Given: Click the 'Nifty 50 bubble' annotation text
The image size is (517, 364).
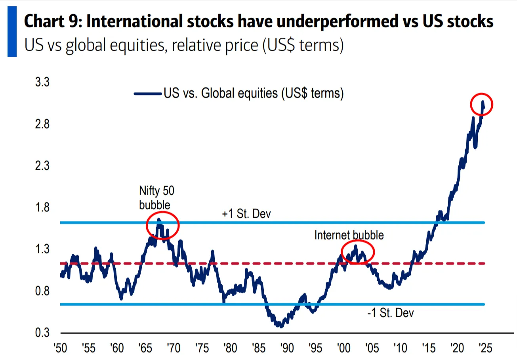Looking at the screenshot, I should (156, 198).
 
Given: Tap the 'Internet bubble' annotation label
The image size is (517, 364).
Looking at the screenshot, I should (349, 235).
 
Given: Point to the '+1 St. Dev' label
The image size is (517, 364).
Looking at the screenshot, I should (246, 215).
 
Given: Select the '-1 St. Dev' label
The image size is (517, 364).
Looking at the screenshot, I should (391, 313).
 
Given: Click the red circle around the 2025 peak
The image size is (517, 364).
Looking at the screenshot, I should (481, 105).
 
